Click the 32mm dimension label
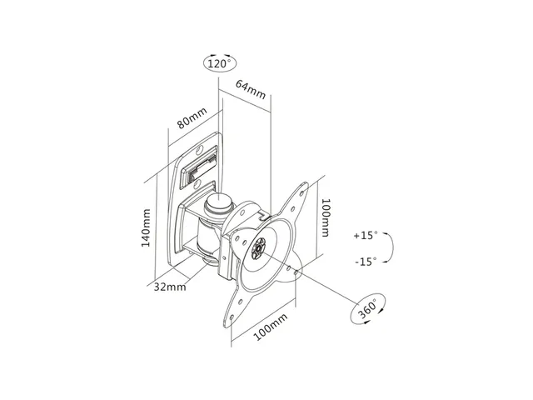tap(170, 286)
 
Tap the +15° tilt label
tap(365, 236)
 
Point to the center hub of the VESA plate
tap(259, 248)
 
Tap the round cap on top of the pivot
tap(220, 202)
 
